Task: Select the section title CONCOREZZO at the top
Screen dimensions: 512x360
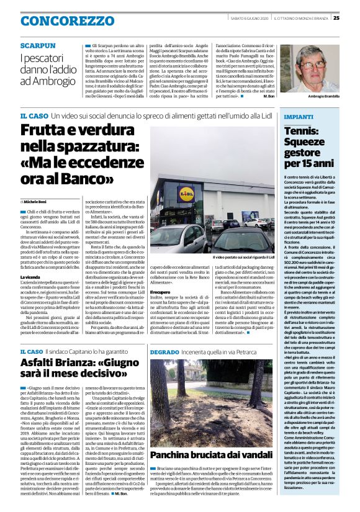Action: tap(59, 22)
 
